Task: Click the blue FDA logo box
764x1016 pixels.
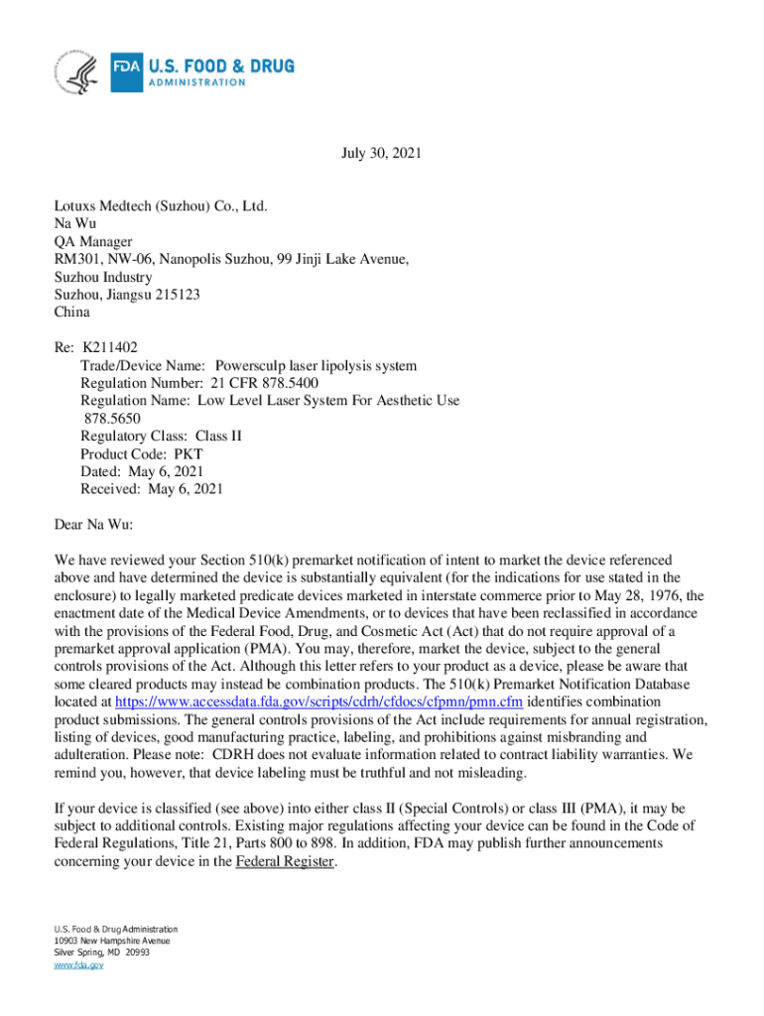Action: (127, 67)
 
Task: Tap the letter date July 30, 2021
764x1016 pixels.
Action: (382, 154)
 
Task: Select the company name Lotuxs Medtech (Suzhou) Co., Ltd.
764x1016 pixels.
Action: (162, 205)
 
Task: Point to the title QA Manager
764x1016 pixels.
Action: (93, 241)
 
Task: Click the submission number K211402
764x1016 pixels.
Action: (110, 348)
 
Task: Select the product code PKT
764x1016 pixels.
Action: (188, 453)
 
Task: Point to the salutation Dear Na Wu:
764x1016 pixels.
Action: (93, 524)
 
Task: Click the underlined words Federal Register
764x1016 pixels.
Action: (285, 862)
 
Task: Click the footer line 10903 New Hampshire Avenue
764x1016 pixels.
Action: (112, 941)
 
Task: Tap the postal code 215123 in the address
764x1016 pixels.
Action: (179, 295)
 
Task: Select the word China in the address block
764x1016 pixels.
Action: (71, 313)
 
